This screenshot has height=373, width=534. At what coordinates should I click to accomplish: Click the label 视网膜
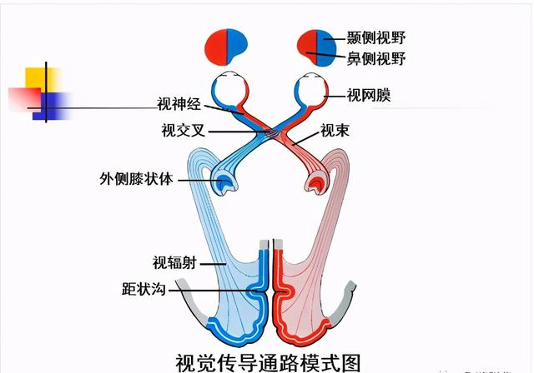click(x=369, y=97)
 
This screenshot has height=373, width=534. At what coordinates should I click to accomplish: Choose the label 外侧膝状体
click(x=136, y=178)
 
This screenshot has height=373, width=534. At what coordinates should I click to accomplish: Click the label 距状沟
click(x=146, y=290)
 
